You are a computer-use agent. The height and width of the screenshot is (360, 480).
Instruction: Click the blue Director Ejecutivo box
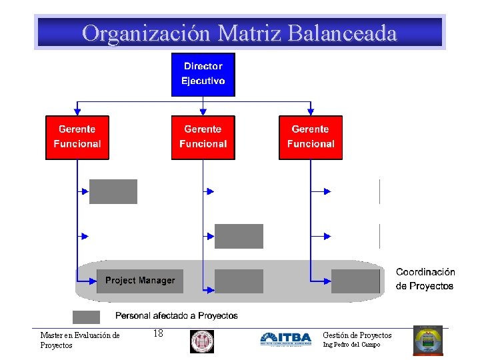point(203,74)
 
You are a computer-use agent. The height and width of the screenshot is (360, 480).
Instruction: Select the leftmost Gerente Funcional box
point(77,137)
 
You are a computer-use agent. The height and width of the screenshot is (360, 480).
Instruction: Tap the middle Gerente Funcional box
point(203,137)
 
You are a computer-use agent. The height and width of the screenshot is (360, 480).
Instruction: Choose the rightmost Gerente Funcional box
point(310,137)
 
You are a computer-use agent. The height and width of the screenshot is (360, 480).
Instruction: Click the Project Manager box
point(140,281)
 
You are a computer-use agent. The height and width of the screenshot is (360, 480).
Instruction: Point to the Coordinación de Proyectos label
point(425,279)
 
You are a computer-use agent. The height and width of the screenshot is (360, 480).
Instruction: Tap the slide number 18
point(158,333)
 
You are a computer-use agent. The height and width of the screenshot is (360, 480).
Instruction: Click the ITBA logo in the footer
point(285,339)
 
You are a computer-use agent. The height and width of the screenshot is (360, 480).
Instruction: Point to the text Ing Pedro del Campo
point(351,345)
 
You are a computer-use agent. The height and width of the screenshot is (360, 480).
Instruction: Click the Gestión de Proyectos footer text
point(357,335)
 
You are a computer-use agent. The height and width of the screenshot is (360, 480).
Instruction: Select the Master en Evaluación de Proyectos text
point(79,340)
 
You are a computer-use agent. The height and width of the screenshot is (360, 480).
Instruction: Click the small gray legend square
point(86,317)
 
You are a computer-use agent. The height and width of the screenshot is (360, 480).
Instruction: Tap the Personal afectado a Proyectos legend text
point(177,316)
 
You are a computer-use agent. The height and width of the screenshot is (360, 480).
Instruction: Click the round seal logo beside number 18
point(201,341)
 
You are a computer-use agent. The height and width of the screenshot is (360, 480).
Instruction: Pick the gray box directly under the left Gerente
point(113,191)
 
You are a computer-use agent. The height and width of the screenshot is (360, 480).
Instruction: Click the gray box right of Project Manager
point(239,281)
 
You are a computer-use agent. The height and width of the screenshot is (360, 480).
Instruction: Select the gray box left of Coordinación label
point(355,281)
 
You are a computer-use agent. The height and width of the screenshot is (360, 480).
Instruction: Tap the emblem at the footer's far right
point(427,340)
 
